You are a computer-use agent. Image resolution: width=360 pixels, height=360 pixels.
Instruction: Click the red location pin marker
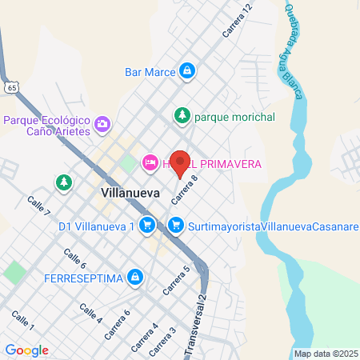point(181,162)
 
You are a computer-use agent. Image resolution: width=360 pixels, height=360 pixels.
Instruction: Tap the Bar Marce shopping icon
point(186,71)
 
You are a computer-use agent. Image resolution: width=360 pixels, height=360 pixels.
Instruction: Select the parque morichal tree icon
point(182,117)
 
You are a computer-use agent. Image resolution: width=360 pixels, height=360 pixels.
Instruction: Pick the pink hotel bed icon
point(149,163)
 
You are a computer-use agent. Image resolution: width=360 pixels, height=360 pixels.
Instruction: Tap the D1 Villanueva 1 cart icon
point(146,226)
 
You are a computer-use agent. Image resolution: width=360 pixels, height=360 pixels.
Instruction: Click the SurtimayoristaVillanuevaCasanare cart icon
point(176,226)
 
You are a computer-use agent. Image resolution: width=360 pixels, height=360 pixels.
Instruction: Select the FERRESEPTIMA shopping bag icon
point(136,278)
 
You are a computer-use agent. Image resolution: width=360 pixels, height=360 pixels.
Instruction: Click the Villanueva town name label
point(131,193)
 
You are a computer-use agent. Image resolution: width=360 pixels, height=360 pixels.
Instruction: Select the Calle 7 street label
point(38,206)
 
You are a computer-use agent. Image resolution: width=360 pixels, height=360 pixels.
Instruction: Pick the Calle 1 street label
point(22,321)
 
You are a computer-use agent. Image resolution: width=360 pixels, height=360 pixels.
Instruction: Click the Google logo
point(27,350)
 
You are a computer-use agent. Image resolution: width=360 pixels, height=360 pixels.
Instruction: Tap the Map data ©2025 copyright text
point(326,354)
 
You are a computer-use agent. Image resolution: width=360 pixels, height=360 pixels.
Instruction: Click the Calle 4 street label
point(90,313)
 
